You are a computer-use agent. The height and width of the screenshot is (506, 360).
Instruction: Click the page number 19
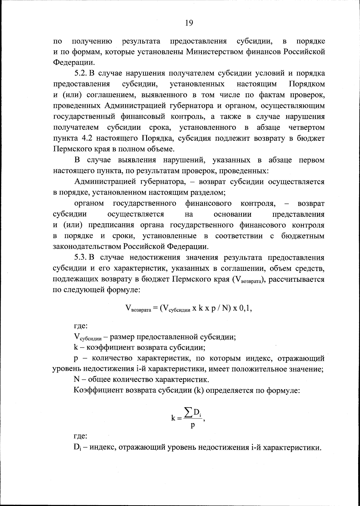click(x=189, y=23)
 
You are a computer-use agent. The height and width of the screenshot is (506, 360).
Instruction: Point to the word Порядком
click(x=307, y=84)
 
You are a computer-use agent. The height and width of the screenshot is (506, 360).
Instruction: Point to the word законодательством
click(x=87, y=247)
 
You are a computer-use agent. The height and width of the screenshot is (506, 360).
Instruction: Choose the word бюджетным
click(x=303, y=236)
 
